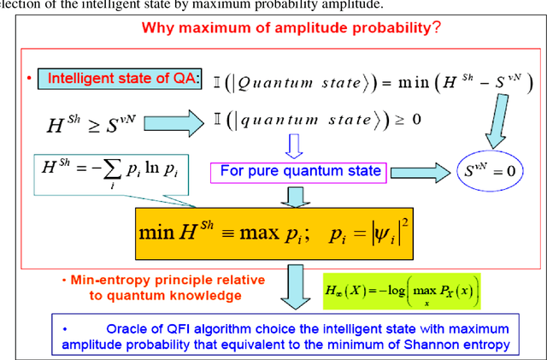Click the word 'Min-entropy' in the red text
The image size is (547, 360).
tap(108, 280)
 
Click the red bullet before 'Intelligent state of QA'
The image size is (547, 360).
tap(29, 79)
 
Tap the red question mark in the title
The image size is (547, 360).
tap(436, 27)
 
